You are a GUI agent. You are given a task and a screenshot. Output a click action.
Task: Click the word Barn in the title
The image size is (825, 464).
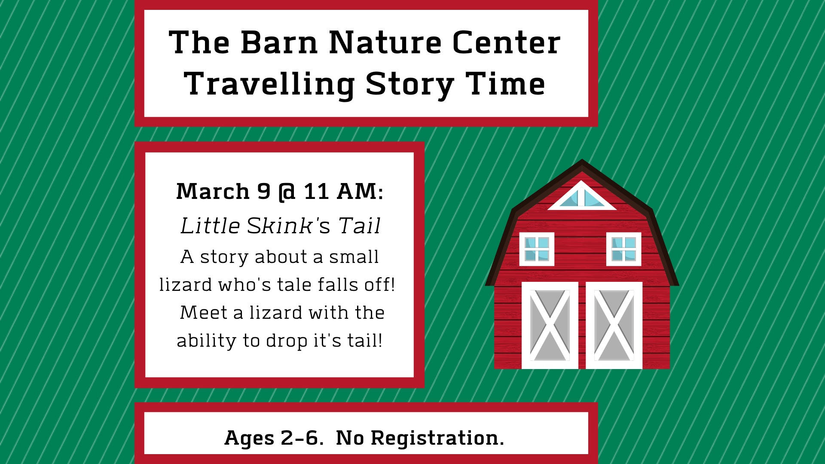click(x=279, y=43)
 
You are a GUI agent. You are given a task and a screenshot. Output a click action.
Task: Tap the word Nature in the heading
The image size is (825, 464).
click(x=385, y=43)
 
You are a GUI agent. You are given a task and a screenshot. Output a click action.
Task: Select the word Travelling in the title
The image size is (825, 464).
click(x=269, y=85)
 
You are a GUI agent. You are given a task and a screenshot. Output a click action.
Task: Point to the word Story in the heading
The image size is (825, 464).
click(x=410, y=85)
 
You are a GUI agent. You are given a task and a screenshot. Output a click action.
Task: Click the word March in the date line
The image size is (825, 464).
click(x=213, y=192)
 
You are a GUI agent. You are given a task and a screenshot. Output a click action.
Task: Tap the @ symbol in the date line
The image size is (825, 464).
click(x=287, y=192)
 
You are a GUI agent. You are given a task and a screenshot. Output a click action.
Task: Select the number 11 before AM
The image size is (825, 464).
click(x=316, y=192)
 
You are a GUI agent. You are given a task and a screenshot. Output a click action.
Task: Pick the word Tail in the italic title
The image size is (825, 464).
click(x=359, y=226)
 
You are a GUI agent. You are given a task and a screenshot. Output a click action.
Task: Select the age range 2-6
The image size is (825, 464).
click(x=299, y=438)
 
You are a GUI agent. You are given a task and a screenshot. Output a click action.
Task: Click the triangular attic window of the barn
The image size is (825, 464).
click(x=582, y=196)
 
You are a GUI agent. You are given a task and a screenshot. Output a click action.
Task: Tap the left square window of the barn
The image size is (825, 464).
click(x=537, y=249)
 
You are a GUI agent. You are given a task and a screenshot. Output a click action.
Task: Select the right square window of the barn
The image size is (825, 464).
click(x=623, y=249)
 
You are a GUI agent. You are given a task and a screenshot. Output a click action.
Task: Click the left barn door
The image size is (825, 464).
click(x=550, y=326)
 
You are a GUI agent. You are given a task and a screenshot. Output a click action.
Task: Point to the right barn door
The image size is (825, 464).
click(x=614, y=326)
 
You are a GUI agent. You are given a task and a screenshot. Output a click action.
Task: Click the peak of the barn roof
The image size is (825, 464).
click(x=582, y=160)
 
